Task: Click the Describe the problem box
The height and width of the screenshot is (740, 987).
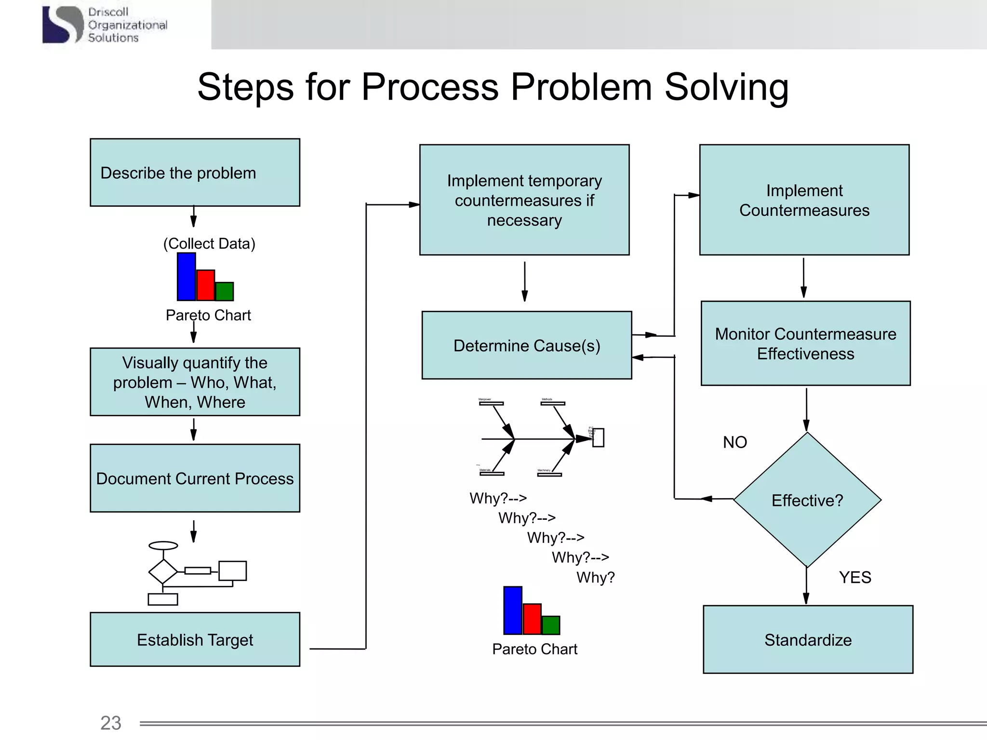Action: click(x=195, y=172)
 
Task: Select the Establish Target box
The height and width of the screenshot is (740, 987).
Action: click(x=195, y=639)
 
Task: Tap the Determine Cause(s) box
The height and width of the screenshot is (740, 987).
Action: click(x=526, y=345)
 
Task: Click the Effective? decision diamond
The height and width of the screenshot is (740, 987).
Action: click(x=807, y=500)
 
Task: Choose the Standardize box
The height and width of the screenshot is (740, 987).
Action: click(x=808, y=639)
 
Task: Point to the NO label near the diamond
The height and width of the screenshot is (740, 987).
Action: click(x=735, y=442)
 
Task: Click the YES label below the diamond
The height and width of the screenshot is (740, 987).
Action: click(x=855, y=577)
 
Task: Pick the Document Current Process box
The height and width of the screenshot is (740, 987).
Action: click(x=195, y=478)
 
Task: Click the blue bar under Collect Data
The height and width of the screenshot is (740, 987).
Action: click(x=187, y=277)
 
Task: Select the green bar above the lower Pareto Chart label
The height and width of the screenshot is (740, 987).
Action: click(x=551, y=625)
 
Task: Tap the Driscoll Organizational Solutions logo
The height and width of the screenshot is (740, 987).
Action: click(x=105, y=25)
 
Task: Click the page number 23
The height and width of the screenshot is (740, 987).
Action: click(x=110, y=723)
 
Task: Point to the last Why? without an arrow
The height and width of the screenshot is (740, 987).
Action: click(x=596, y=577)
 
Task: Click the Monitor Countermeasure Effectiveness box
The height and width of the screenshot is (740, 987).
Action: click(x=805, y=344)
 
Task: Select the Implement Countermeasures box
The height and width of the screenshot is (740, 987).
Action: click(x=804, y=200)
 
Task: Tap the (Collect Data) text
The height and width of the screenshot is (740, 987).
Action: click(x=209, y=243)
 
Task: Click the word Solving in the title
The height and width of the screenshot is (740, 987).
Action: click(x=726, y=87)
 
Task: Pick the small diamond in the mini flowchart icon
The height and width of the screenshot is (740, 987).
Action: click(x=163, y=571)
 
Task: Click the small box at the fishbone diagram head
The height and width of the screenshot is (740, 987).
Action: click(x=598, y=438)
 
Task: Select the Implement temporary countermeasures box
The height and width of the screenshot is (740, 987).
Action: click(x=524, y=200)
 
